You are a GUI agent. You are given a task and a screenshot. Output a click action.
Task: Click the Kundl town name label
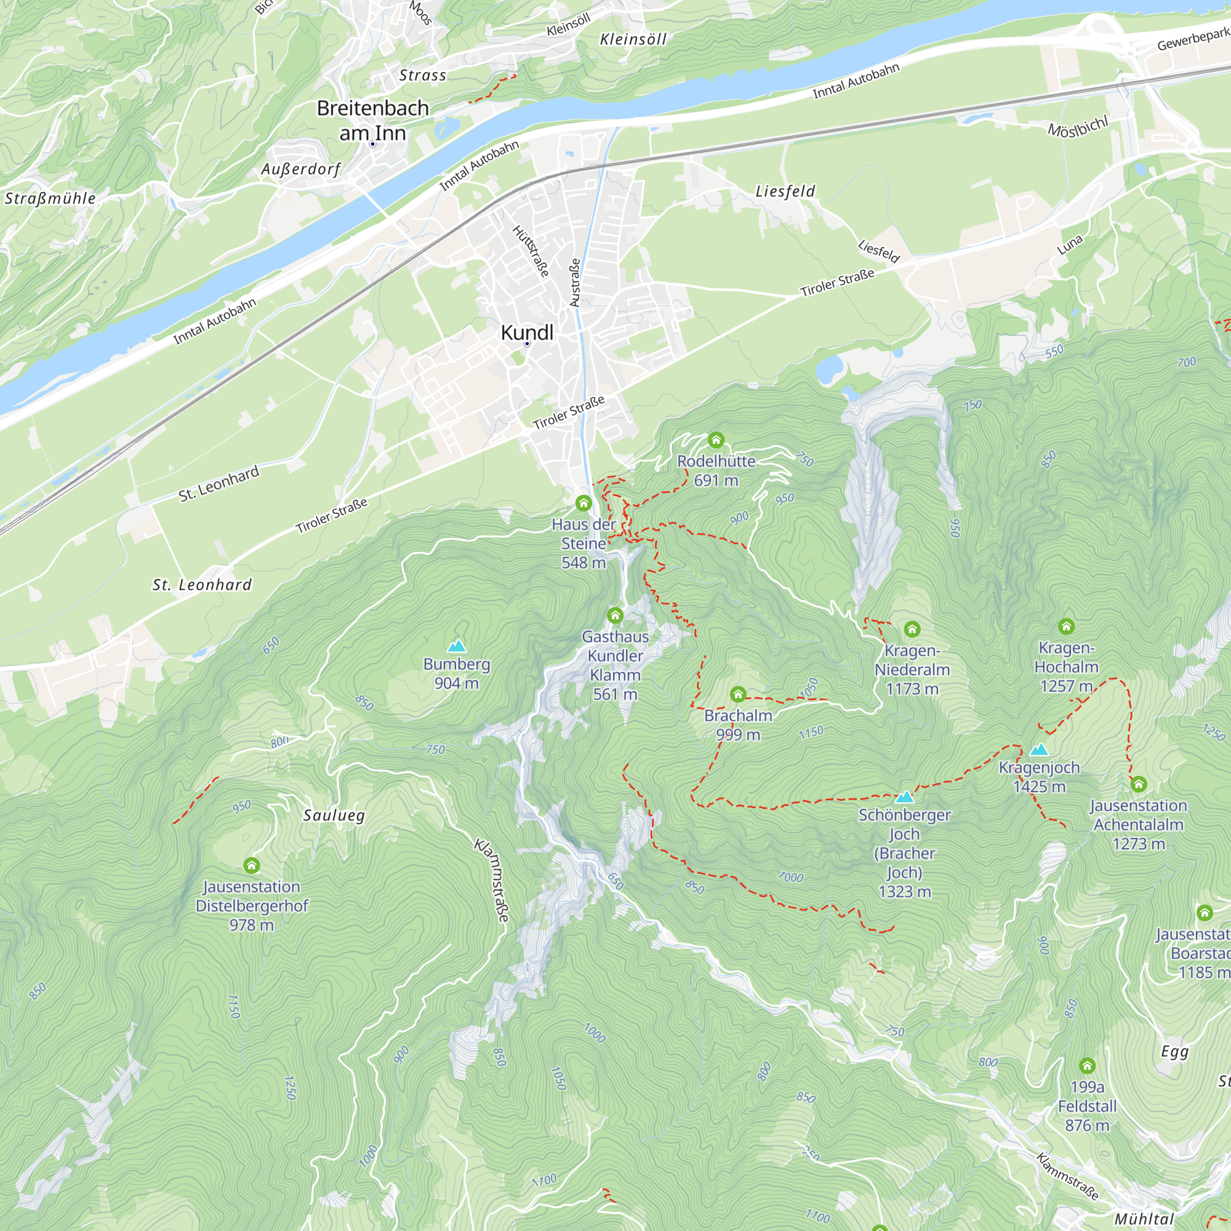pos(527,332)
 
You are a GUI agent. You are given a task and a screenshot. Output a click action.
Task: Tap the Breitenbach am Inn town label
pos(373,121)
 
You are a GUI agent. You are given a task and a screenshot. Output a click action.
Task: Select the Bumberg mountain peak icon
pos(456,646)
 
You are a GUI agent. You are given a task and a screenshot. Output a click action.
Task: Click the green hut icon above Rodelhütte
pos(716,439)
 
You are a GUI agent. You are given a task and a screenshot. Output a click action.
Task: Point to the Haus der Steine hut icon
pos(583,503)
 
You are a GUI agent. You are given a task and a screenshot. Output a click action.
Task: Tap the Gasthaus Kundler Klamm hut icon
pos(615,615)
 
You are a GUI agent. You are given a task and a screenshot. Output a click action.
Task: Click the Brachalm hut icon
pos(738,694)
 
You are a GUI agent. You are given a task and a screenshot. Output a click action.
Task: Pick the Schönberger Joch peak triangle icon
pos(904,796)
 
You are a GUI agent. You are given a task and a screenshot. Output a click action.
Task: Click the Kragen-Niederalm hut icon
pos(912,630)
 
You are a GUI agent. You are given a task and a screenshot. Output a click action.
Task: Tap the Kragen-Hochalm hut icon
pos(1066,627)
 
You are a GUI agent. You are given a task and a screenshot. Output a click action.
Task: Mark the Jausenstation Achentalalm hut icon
pos(1139,784)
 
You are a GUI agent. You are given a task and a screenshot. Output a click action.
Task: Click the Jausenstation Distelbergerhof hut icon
pos(252,865)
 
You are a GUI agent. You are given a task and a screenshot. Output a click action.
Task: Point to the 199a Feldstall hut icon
pos(1087,1066)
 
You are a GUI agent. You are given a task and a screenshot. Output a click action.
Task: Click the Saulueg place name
pos(334,815)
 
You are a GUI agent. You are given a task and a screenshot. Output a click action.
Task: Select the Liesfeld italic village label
pos(785,191)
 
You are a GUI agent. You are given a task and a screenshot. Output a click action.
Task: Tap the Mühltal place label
pos(1144,1219)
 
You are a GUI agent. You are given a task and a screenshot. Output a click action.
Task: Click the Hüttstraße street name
pos(531,251)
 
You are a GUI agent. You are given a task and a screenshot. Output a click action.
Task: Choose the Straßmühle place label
pos(50,198)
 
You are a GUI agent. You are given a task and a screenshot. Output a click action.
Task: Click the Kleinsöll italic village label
pos(633,39)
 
